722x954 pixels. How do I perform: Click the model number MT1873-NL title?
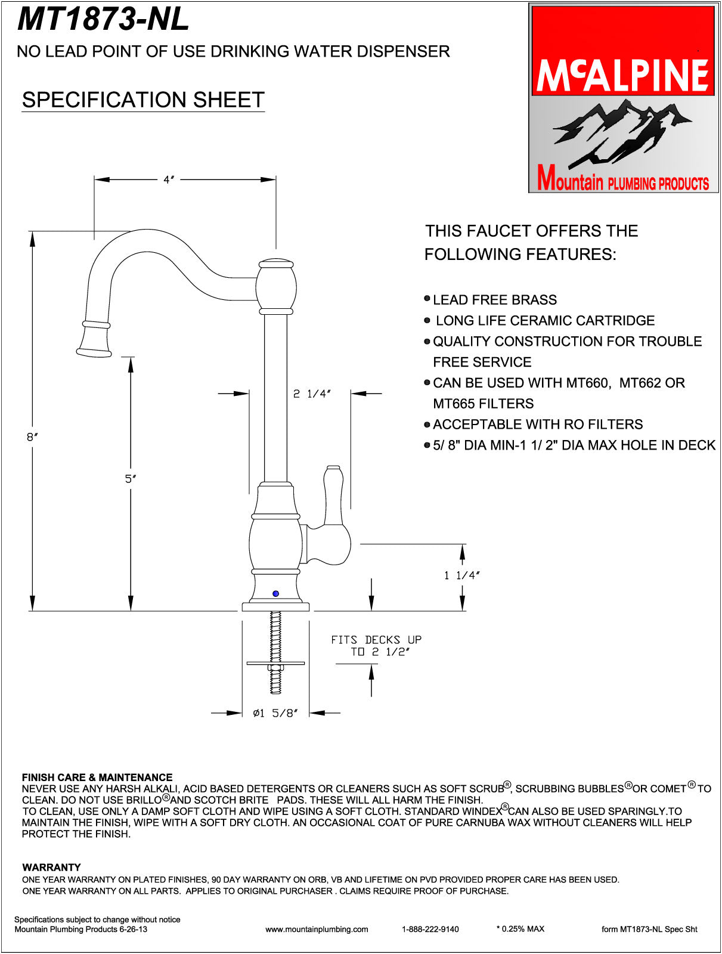pos(103,20)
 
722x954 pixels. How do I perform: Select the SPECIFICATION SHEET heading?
pos(143,100)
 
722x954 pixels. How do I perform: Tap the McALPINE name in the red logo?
pos(623,75)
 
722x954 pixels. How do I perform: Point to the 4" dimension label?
pos(169,179)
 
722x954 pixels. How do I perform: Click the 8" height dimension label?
pos(32,437)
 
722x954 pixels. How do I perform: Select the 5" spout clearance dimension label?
pos(131,479)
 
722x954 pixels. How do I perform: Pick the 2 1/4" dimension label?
pos(312,394)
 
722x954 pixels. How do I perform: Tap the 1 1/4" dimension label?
pos(462,575)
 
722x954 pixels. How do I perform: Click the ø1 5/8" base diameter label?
pos(275,713)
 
